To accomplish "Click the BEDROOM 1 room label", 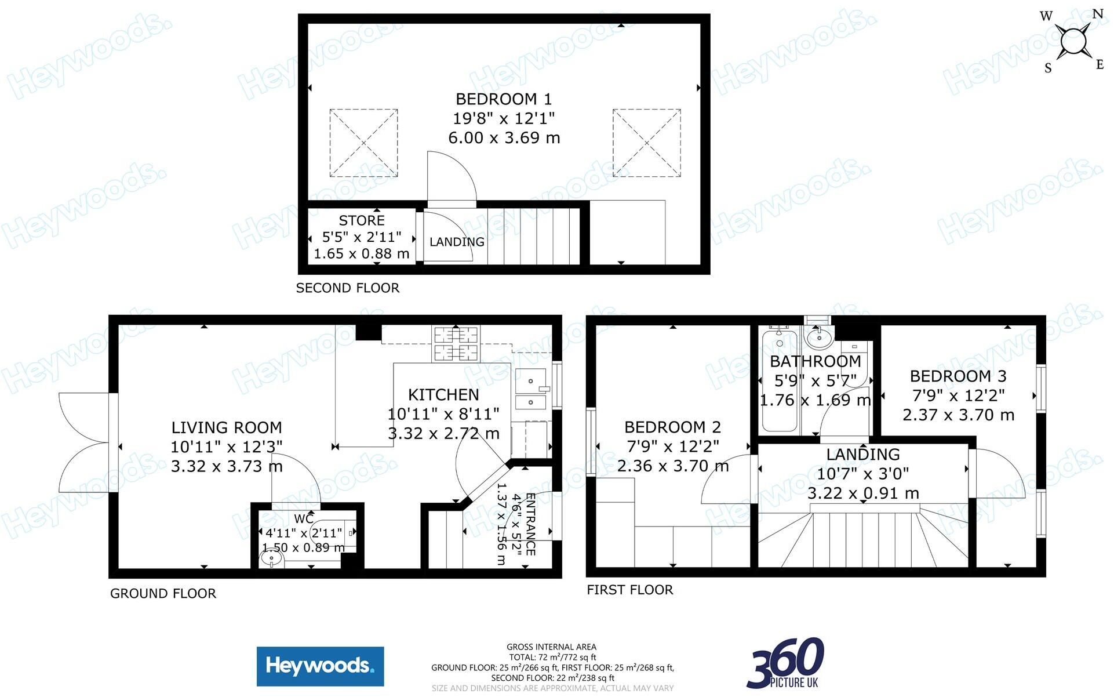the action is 504,99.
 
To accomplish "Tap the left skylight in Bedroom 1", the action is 363,143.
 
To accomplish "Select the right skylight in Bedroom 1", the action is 646,143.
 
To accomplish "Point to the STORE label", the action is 362,220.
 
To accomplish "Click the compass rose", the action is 1073,41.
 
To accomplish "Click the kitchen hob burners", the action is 456,343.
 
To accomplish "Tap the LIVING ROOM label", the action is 227,428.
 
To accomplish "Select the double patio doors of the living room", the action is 84,443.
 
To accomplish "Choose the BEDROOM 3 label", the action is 958,376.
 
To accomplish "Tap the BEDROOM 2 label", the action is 672,427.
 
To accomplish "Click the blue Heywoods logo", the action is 320,666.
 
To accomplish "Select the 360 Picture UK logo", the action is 786,663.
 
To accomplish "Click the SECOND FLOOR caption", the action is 348,288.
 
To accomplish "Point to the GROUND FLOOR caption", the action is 163,594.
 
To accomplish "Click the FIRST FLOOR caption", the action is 630,590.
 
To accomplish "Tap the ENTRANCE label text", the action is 530,525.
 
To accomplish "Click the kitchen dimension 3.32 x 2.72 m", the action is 443,434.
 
